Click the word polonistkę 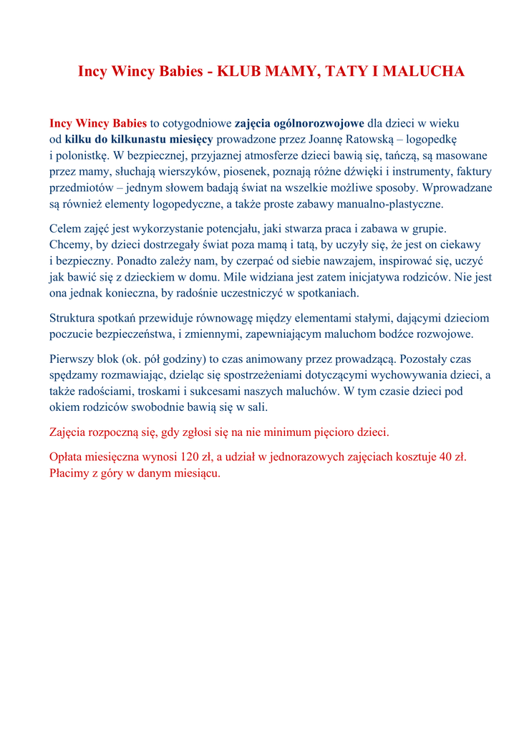84,155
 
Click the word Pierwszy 72,359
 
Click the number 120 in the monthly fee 190,457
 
